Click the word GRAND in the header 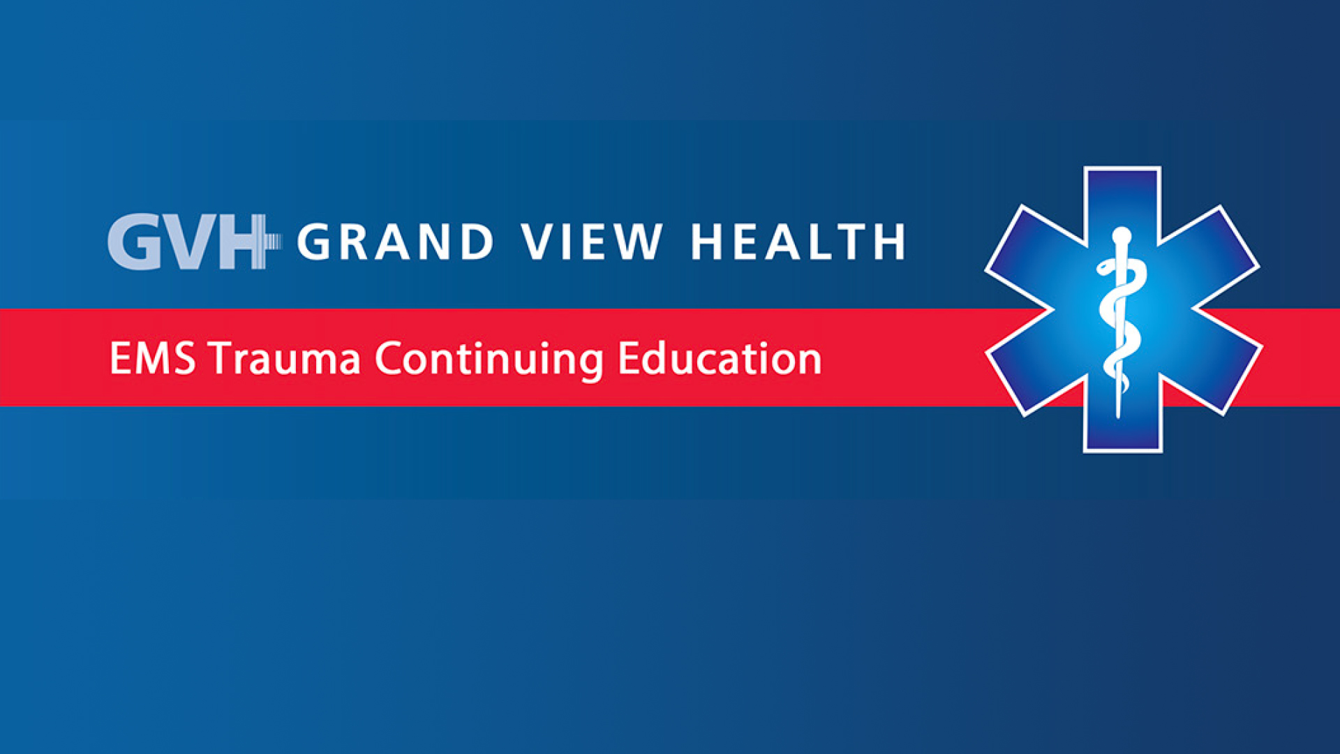tap(396, 242)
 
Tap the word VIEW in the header tap(593, 242)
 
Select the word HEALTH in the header tap(798, 242)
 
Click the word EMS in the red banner tap(153, 358)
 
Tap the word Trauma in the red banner tap(284, 358)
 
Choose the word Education tap(720, 358)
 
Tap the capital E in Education tap(628, 358)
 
